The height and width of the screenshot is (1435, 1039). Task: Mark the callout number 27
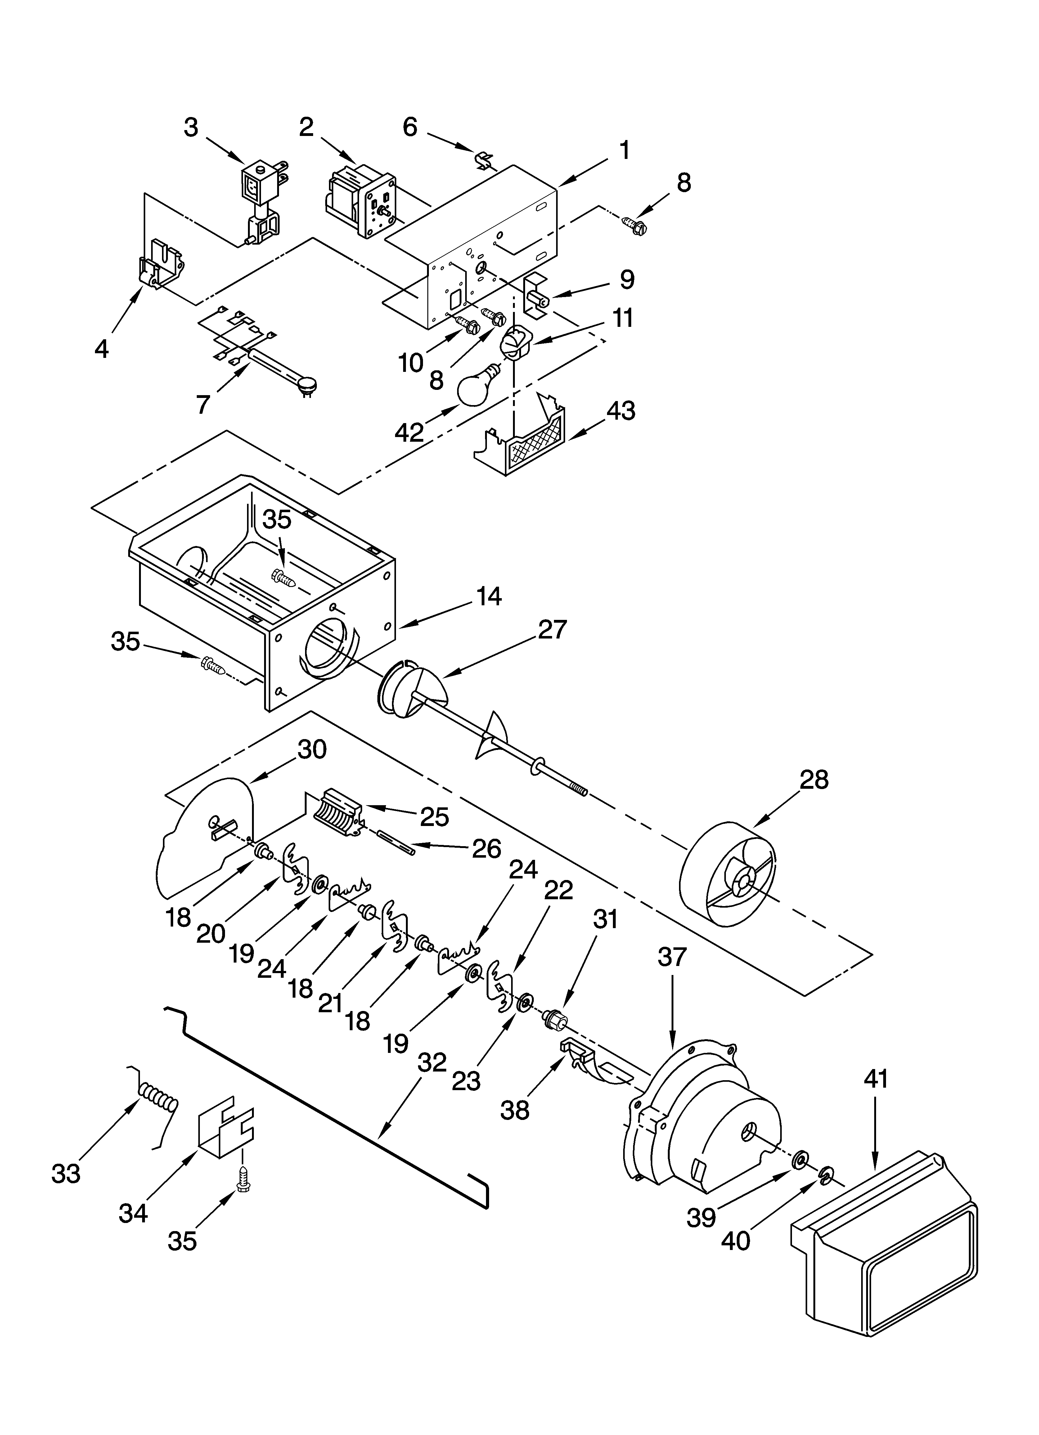click(x=552, y=630)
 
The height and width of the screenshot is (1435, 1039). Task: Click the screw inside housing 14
click(x=283, y=577)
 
